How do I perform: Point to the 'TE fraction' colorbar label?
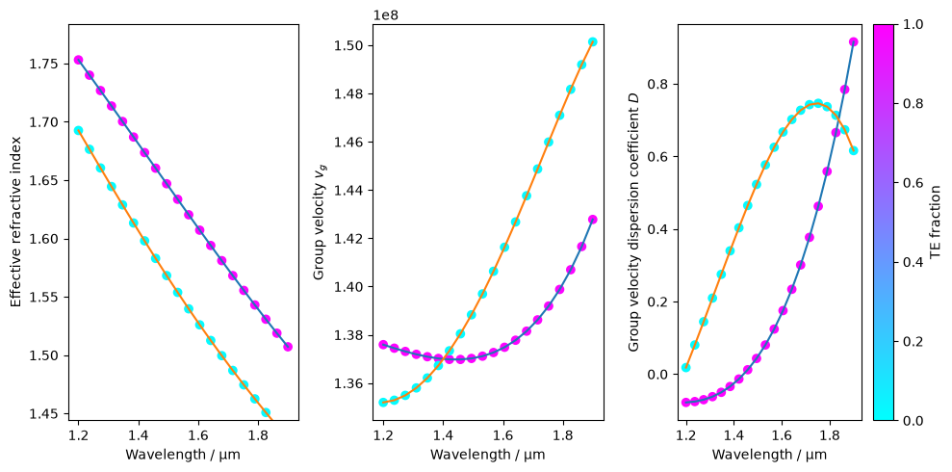935,223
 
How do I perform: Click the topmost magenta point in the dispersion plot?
853,42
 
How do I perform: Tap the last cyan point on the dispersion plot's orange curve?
853,150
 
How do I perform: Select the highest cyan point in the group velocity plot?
593,42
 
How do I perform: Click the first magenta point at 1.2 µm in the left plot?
78,60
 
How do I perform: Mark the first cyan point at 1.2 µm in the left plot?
78,131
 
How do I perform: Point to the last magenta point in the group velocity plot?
593,220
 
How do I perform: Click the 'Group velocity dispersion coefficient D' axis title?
632,223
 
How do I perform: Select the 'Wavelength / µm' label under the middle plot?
487,455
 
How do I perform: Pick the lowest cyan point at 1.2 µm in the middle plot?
384,402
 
